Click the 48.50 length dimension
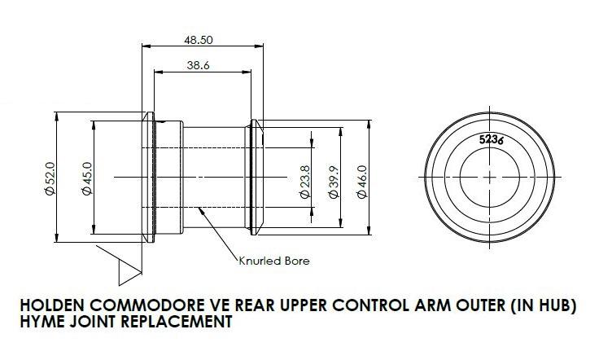click(198, 39)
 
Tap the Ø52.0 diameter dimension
click(50, 178)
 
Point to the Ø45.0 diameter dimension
click(86, 178)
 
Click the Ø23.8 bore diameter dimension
click(304, 178)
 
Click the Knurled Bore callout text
click(273, 261)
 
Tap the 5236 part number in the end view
click(491, 139)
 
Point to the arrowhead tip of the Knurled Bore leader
click(199, 209)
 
